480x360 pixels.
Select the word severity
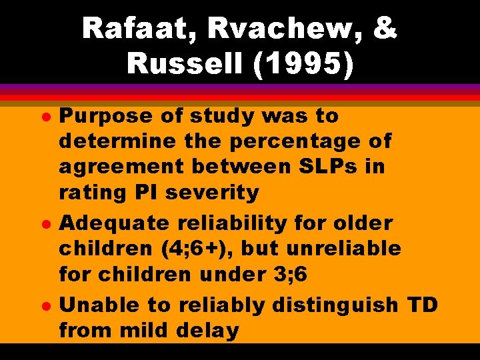[216, 192]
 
